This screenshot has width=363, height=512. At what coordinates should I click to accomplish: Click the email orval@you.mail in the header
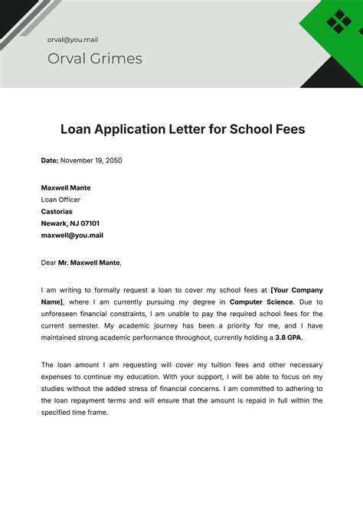72,39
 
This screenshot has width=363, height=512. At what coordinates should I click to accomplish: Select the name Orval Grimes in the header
94,59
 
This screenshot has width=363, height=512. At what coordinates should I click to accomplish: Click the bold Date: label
51,161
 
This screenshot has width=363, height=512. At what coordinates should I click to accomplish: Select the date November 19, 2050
92,161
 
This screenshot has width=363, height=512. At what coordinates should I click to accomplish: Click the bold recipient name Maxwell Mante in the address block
66,188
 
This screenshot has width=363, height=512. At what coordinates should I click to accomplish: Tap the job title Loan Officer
60,200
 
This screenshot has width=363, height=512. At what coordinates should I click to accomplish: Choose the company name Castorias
57,212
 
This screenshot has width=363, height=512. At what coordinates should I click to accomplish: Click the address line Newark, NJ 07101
70,223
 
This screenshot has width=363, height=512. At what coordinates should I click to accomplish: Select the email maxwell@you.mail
72,236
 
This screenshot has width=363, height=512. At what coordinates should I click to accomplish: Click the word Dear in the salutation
49,263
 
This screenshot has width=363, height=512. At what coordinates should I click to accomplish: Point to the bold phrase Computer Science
260,302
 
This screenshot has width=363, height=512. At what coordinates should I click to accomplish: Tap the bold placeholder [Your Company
297,290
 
